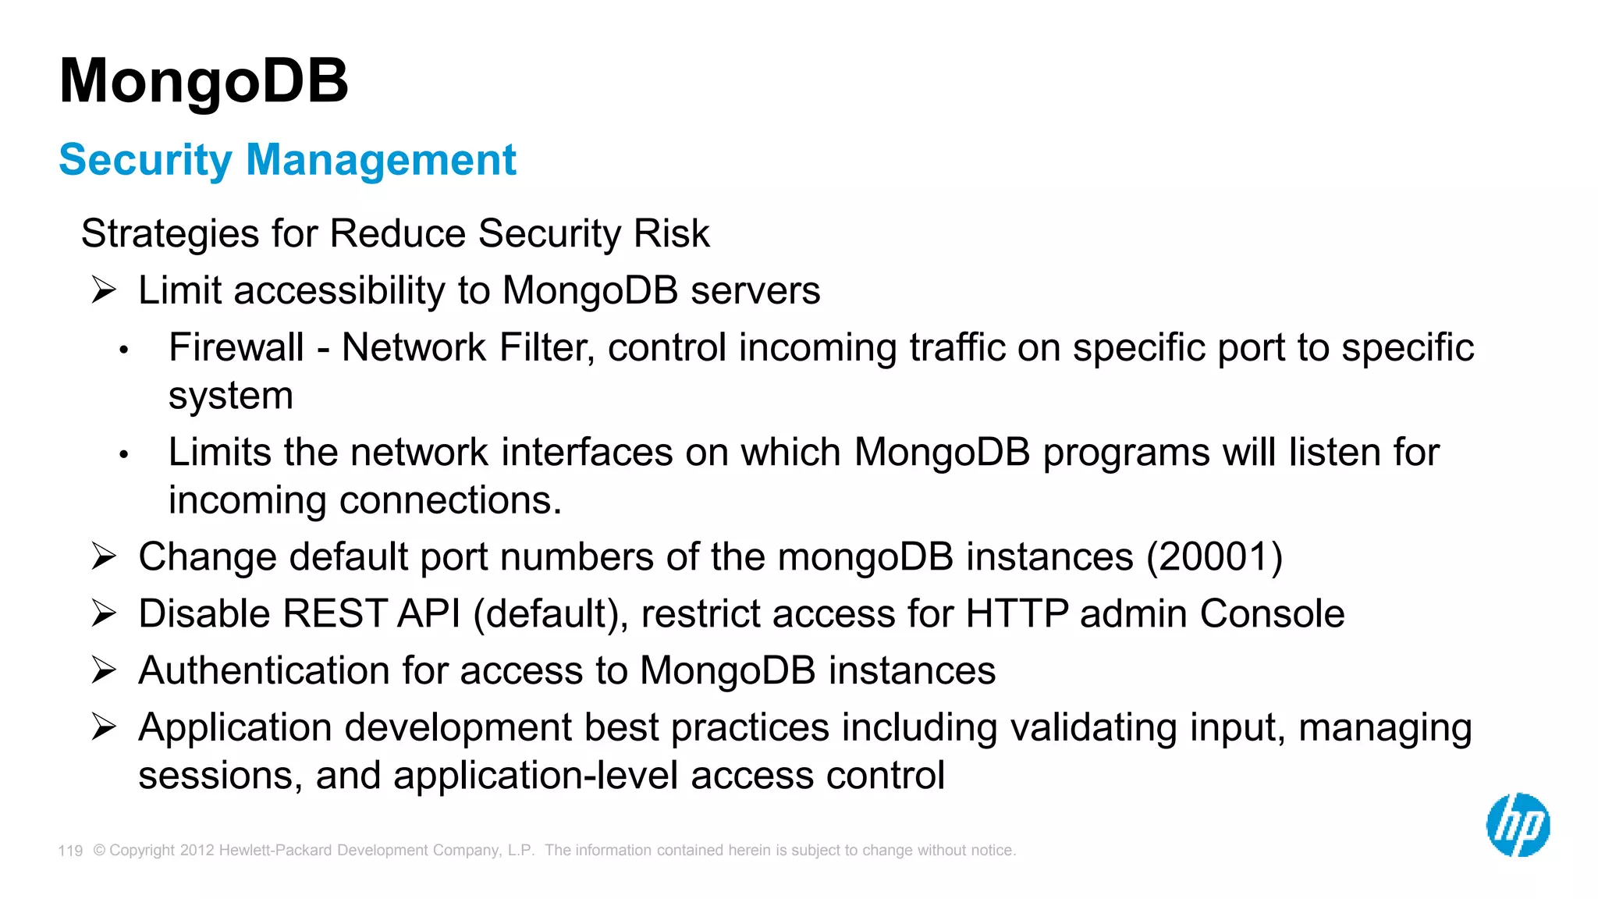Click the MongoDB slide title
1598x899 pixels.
(204, 81)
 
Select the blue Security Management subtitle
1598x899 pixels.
(287, 160)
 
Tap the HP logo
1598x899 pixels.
(1518, 825)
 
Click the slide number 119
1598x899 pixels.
(70, 851)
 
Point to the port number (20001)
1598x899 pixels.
(1214, 557)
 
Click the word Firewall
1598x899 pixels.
(236, 348)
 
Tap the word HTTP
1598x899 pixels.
(1017, 614)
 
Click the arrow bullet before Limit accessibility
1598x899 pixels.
(104, 290)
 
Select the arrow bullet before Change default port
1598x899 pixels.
(104, 556)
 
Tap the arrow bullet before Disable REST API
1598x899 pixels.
(104, 613)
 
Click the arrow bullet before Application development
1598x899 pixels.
(104, 727)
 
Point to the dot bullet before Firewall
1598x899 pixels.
(123, 350)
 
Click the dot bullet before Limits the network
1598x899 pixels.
(123, 454)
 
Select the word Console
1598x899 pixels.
(1272, 614)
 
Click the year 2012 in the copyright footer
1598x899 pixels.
(197, 851)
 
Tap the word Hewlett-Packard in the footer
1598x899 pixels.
(276, 851)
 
